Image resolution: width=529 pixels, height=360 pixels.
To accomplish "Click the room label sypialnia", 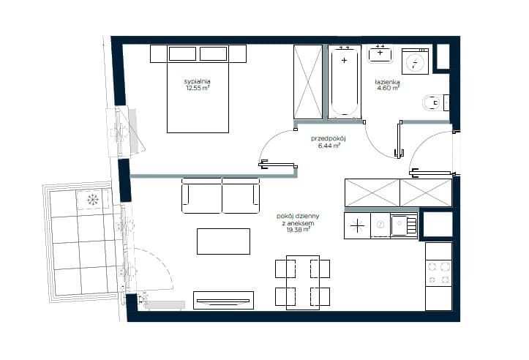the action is [x=198, y=81].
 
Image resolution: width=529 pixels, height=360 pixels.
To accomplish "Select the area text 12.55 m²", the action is [x=198, y=88].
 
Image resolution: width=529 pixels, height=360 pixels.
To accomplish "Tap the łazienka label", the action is [x=387, y=82].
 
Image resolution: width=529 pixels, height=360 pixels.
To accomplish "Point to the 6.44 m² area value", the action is [x=329, y=146].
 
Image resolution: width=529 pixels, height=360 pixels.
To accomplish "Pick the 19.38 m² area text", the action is [x=298, y=230].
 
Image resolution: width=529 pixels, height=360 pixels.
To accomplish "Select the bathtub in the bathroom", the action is [x=344, y=82].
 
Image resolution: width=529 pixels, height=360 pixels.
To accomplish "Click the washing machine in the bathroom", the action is [x=415, y=61].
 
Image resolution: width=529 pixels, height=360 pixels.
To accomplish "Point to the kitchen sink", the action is [x=404, y=225].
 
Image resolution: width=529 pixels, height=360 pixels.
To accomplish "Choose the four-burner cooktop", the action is [x=438, y=273].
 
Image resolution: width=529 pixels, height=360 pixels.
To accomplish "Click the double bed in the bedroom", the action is [x=198, y=89].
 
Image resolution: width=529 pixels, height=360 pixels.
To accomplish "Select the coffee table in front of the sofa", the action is [x=223, y=241].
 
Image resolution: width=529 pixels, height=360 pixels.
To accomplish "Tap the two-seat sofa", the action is [x=221, y=195].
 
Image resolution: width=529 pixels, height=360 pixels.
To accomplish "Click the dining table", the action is [x=303, y=282].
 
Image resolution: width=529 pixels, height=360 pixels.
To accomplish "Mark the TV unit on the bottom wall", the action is [x=223, y=300].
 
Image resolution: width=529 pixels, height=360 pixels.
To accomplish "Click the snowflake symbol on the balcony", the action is [x=92, y=200].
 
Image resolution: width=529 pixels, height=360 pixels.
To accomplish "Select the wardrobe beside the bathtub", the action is [x=308, y=82].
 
